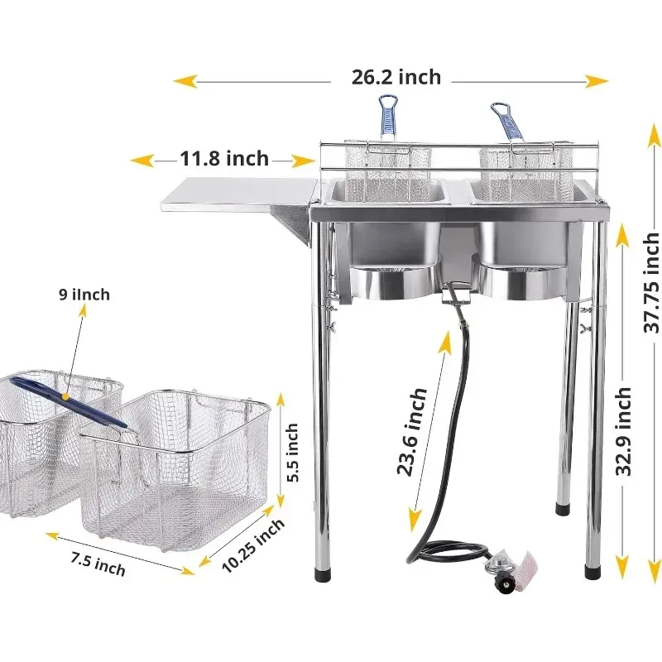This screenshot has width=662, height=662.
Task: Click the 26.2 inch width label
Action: pos(396,77)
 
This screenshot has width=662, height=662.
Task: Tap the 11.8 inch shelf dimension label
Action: pos(224,159)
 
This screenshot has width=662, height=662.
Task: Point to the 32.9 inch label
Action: pos(623,431)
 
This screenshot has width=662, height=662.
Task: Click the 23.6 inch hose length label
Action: pos(412,431)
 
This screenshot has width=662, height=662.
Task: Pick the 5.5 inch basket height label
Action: pos(292,452)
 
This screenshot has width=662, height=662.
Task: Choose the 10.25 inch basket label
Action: pos(253,545)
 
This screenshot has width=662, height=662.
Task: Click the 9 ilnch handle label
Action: pos(84,295)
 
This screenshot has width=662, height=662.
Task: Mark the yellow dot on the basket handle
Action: pos(65,397)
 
